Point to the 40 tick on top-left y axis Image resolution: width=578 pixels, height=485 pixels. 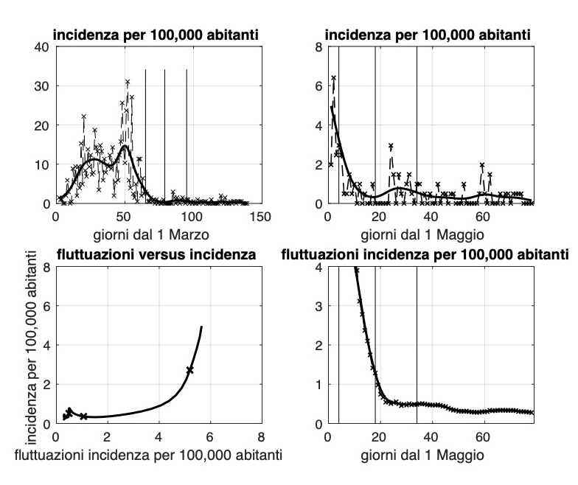42,46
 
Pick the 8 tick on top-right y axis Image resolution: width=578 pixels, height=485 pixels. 318,46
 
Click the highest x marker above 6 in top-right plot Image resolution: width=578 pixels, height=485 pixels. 333,78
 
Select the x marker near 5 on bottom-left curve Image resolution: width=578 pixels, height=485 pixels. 190,369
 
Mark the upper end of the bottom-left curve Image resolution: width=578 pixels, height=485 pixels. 201,327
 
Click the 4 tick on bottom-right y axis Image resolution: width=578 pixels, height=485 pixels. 318,267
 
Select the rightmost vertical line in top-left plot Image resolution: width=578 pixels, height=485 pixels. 187,136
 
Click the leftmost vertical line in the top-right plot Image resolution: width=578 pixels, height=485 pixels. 338,125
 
